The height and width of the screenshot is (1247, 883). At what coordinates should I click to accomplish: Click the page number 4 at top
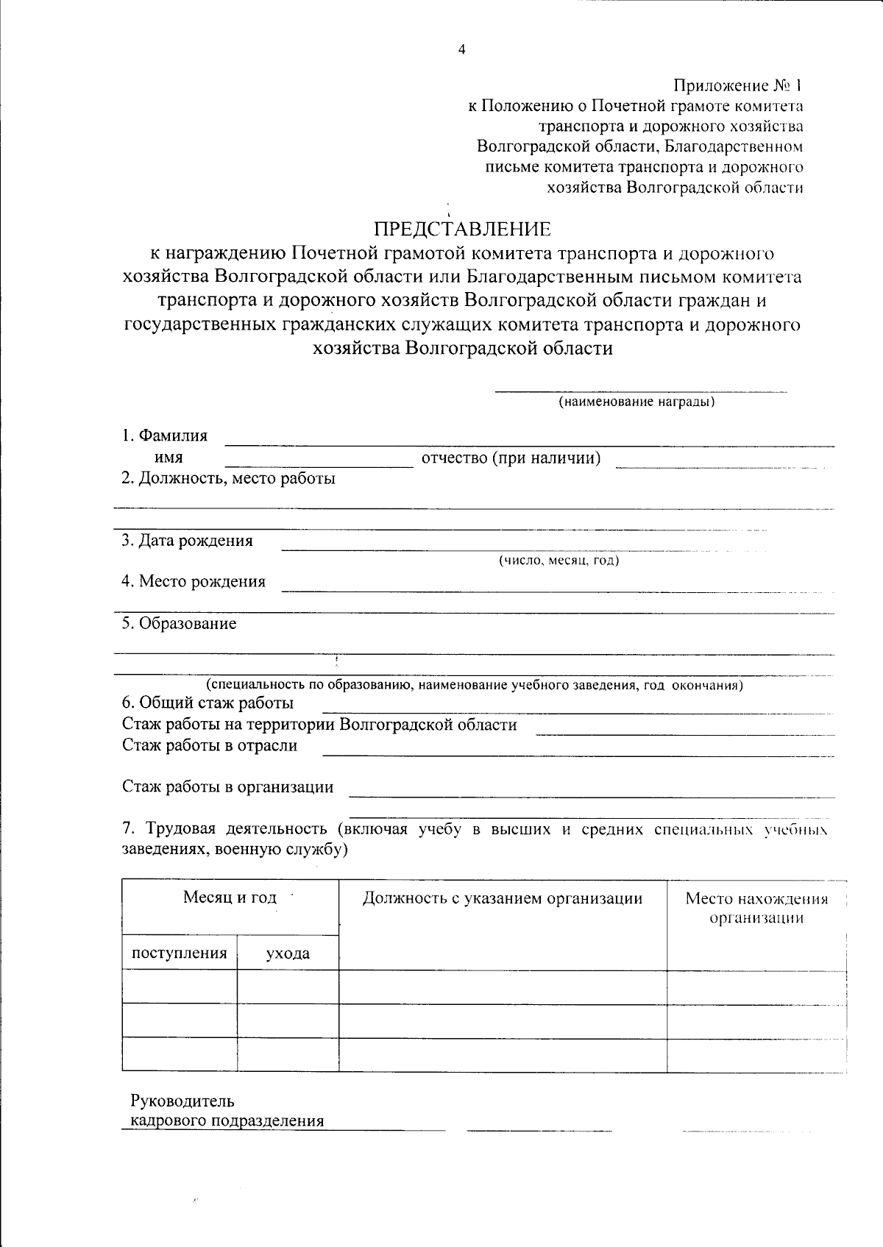pyautogui.click(x=461, y=50)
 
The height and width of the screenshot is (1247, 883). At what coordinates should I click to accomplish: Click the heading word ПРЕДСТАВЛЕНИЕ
pyautogui.click(x=462, y=229)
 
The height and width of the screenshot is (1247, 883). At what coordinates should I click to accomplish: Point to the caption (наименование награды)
pyautogui.click(x=636, y=402)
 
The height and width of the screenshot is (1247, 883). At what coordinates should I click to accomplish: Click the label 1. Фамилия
pyautogui.click(x=165, y=436)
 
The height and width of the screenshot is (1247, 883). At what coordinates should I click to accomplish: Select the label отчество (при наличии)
pyautogui.click(x=511, y=458)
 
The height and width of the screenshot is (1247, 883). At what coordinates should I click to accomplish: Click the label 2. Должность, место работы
pyautogui.click(x=228, y=478)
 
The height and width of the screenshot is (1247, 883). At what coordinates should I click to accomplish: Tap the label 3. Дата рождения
pyautogui.click(x=187, y=541)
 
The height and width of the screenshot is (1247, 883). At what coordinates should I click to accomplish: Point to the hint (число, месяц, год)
pyautogui.click(x=559, y=561)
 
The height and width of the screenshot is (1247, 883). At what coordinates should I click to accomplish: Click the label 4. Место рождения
pyautogui.click(x=194, y=581)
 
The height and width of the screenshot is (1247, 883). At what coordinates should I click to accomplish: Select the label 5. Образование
pyautogui.click(x=179, y=624)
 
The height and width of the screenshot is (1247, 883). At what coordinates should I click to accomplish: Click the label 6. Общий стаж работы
pyautogui.click(x=208, y=703)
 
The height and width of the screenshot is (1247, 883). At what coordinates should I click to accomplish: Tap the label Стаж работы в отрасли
pyautogui.click(x=210, y=745)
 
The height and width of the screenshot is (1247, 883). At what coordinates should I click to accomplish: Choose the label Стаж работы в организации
pyautogui.click(x=227, y=787)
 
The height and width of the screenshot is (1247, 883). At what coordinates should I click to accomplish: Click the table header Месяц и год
pyautogui.click(x=230, y=898)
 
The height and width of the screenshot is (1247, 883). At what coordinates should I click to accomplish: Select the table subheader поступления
pyautogui.click(x=179, y=953)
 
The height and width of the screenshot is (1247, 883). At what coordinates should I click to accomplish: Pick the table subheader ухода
pyautogui.click(x=288, y=954)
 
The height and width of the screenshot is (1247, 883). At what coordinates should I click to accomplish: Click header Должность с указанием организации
pyautogui.click(x=502, y=898)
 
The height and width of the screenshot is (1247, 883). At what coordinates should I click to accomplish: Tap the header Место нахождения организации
pyautogui.click(x=756, y=908)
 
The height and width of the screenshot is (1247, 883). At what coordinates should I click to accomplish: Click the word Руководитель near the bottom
pyautogui.click(x=182, y=1101)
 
